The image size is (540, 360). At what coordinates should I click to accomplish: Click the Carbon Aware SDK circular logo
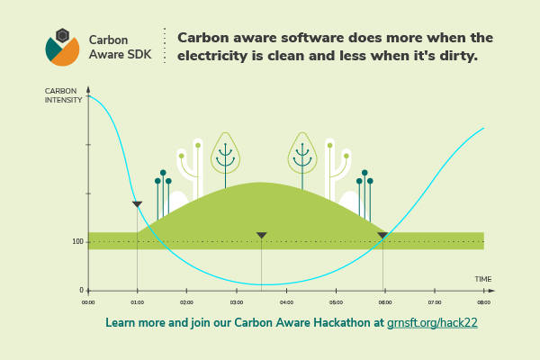pos(62,48)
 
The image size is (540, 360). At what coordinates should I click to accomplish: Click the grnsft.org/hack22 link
pos(432,323)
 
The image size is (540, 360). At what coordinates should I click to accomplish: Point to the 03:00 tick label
pos(237,302)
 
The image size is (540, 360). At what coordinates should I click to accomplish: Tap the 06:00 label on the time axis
pos(385,302)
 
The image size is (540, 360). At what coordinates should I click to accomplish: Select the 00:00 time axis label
pos(88,302)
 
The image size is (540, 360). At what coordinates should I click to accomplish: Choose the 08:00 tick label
pos(484,302)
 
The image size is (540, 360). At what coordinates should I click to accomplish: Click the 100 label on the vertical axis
pos(77,241)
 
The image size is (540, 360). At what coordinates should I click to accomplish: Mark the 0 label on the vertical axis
pos(81,290)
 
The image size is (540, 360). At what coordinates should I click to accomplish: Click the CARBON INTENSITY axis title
pos(63,95)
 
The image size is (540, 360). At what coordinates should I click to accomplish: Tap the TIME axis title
pos(482,279)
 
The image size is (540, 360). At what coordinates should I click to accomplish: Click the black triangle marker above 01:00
pos(137,204)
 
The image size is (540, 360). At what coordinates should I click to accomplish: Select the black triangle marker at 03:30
pos(262,235)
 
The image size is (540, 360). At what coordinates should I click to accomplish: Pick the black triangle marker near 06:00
pos(382,235)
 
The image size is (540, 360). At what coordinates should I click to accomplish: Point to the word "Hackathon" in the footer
pos(342,323)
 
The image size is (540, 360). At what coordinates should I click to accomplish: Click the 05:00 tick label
pos(336,302)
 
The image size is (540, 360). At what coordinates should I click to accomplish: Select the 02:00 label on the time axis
pos(186,302)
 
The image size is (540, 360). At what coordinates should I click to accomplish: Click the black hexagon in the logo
pos(63,35)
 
